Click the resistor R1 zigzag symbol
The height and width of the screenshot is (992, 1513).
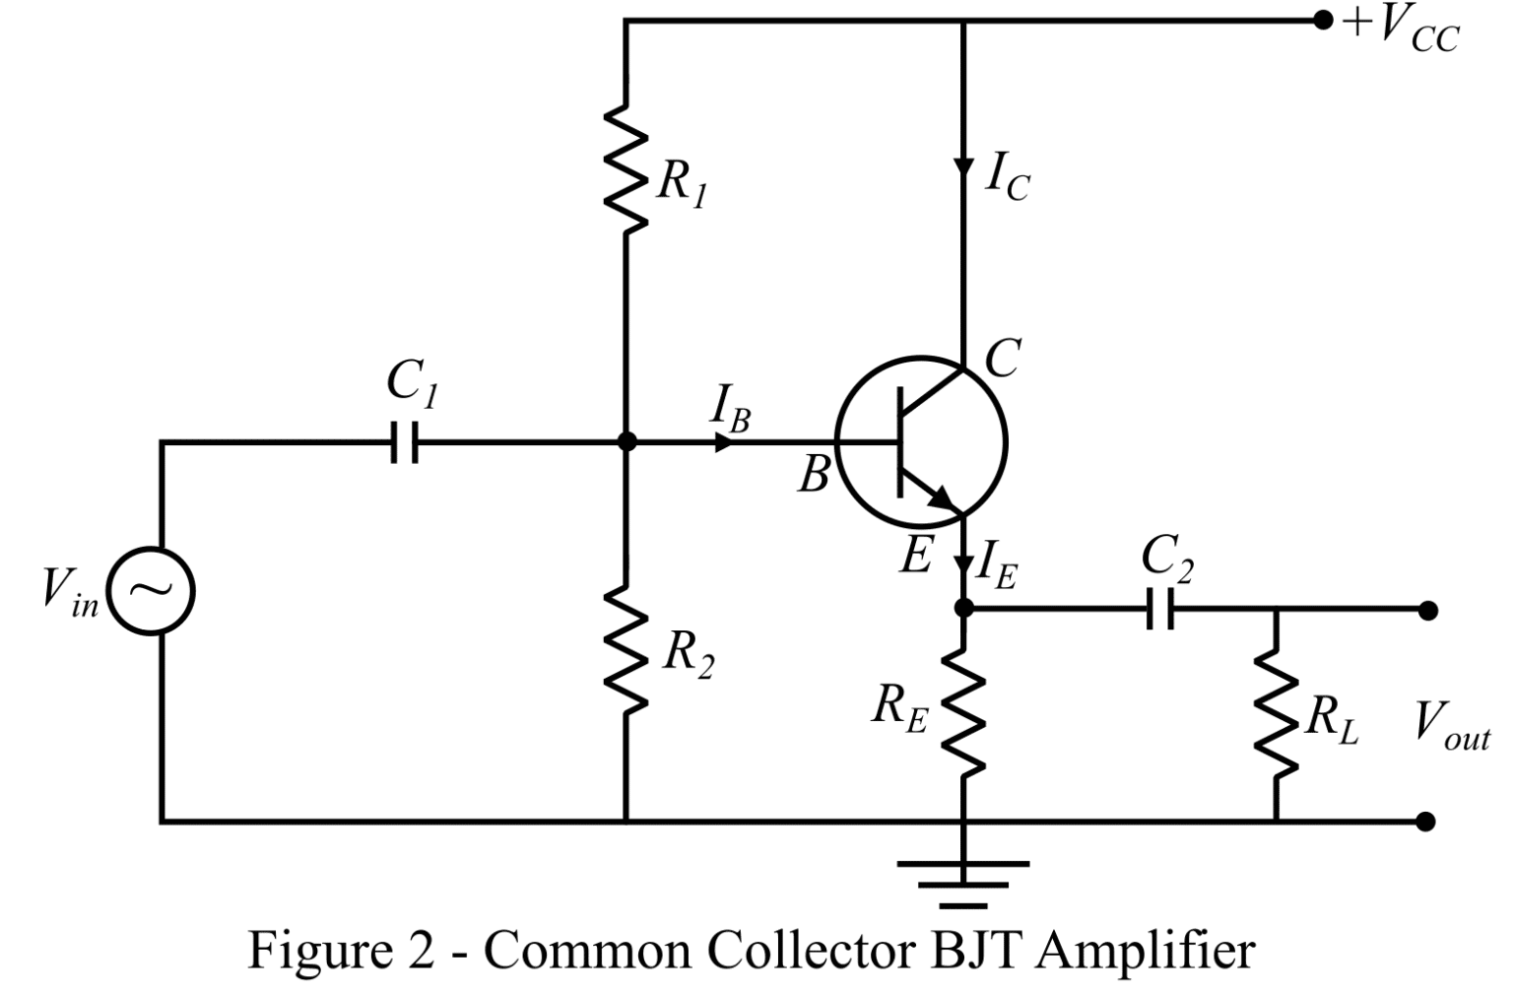(x=625, y=167)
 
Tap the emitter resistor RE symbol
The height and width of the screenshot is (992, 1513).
(x=963, y=711)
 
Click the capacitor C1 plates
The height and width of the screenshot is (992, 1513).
(x=404, y=442)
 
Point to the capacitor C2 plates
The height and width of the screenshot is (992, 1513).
(x=1160, y=610)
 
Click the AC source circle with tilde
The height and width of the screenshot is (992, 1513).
(x=151, y=590)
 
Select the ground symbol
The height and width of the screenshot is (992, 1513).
(x=963, y=883)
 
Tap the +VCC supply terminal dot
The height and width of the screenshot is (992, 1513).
(x=1323, y=20)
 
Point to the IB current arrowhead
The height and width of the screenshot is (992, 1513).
(x=724, y=442)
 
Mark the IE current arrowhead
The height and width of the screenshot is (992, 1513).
(x=963, y=566)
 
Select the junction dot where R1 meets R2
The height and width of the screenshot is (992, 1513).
(x=625, y=442)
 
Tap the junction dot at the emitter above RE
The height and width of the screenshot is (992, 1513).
(x=963, y=609)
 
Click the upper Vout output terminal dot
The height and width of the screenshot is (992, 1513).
(x=1427, y=611)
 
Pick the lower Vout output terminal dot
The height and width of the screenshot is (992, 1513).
(x=1424, y=820)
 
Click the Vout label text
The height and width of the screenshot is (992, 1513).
(x=1451, y=725)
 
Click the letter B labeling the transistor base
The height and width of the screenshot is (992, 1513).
(x=814, y=475)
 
